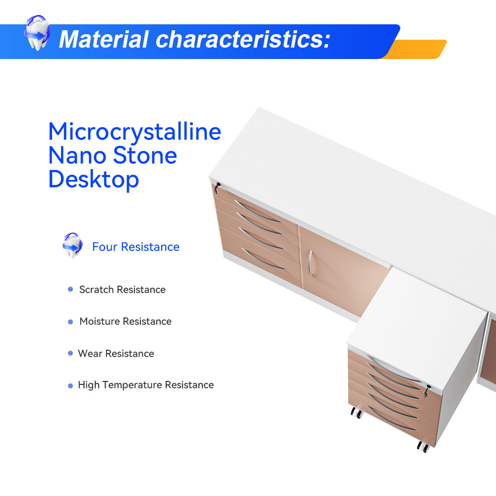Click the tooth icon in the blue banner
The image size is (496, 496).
coord(37,33)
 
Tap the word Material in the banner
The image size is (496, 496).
coord(104,40)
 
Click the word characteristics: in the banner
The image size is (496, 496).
coord(243,39)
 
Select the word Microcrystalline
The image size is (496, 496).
coord(134,132)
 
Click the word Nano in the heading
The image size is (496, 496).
coord(77,155)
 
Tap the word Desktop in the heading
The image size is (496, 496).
coord(94,180)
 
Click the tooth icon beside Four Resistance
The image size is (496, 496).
coord(72,246)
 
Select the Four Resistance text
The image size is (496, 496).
coord(136,247)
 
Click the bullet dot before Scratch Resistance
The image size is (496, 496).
coord(70,289)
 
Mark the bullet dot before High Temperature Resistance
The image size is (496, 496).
coord(70,386)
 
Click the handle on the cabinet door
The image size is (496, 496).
coord(310,264)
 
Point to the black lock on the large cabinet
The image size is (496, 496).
coord(217,187)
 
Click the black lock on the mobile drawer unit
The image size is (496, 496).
coord(427,391)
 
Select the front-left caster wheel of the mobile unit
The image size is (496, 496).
coord(357,413)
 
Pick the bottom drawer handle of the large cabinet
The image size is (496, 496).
coord(263,259)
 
